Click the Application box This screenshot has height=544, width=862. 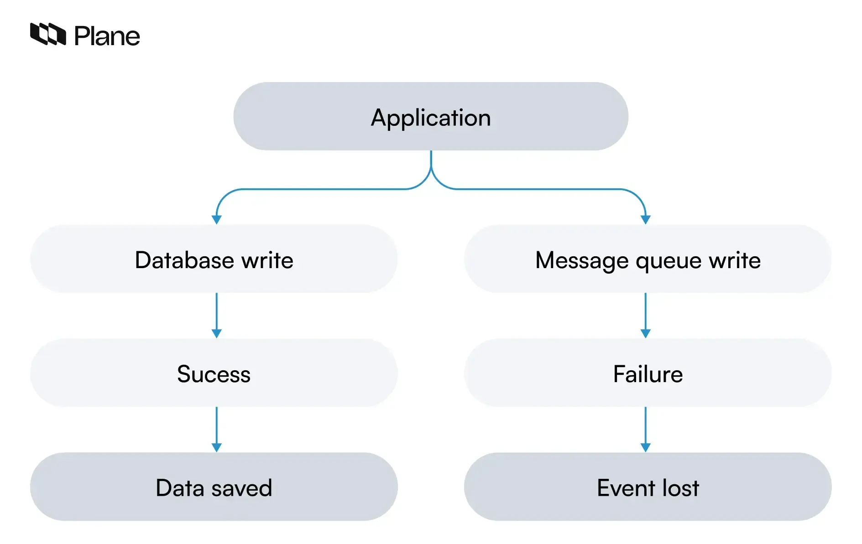coord(430,116)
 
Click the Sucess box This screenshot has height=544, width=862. coord(214,373)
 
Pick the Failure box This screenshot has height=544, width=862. coord(648,373)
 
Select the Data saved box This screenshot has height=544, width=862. coord(214,487)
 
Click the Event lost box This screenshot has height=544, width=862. coord(648,487)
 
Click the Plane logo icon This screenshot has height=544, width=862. coord(48,34)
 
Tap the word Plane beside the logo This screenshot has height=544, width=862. coord(107,36)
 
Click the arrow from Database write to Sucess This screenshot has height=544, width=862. coord(217,315)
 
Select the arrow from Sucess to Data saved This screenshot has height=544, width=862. coord(217,429)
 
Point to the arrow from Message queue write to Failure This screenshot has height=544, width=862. coord(645,315)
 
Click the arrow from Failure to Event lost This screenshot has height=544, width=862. coord(645,429)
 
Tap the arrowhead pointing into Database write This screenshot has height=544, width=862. coord(217,220)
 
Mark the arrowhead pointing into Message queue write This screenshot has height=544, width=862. coord(645,220)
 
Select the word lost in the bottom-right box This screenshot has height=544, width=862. coord(680,488)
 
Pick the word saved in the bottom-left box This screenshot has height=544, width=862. coord(242,488)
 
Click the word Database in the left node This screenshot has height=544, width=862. coord(184,260)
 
